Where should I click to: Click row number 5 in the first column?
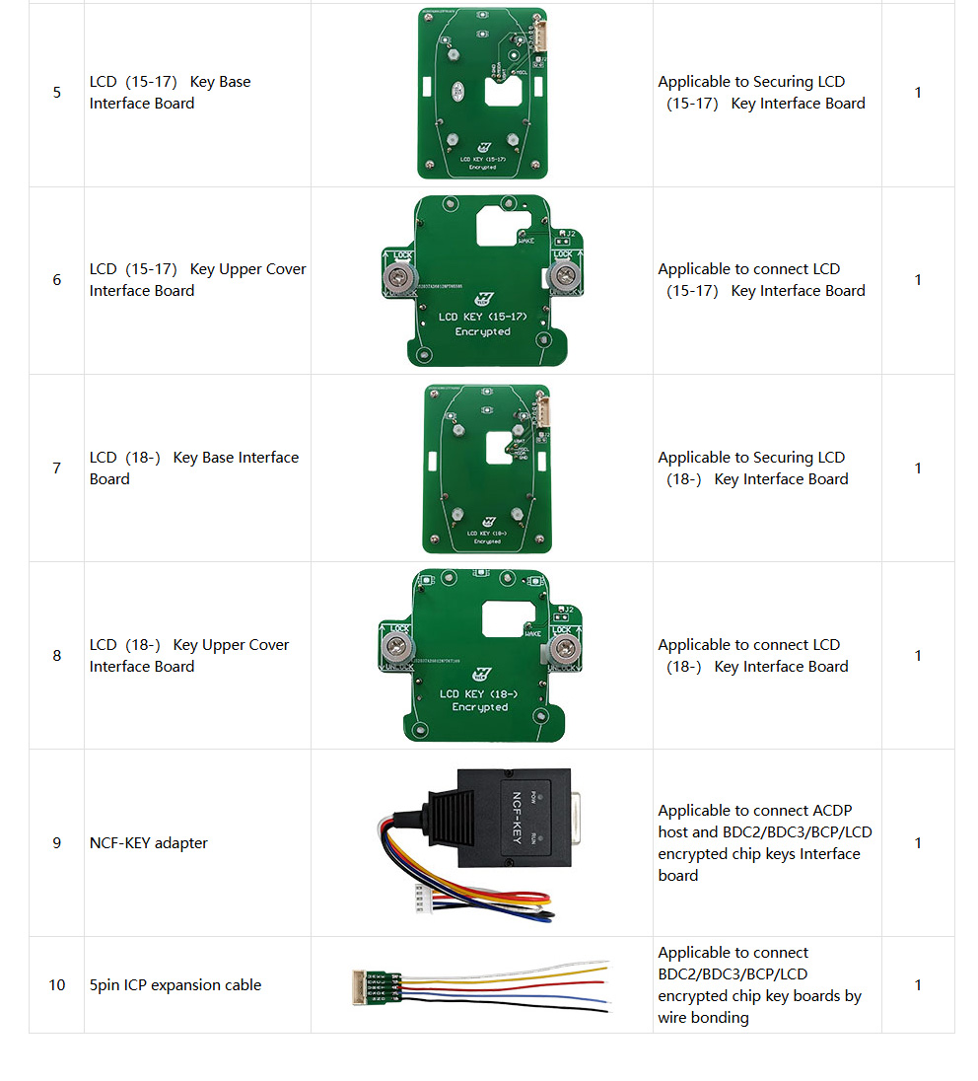56,93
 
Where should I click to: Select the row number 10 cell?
56,985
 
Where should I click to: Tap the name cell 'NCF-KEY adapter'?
149,843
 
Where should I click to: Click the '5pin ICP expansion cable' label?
175,985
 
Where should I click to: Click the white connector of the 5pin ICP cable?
359,983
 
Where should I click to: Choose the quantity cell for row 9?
918,843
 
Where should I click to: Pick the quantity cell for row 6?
918,280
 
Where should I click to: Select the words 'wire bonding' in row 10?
704,1018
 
